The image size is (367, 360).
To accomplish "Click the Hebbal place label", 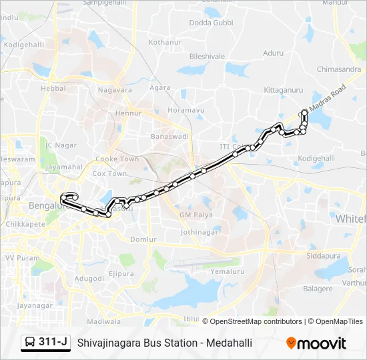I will click(x=53, y=87).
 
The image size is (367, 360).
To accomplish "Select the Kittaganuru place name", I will click(x=283, y=89).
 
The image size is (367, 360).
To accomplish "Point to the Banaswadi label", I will click(x=171, y=136).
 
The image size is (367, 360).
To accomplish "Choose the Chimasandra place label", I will click(x=339, y=69).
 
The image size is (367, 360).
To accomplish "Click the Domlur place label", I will click(x=143, y=239).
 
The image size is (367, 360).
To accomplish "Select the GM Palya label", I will click(x=195, y=215).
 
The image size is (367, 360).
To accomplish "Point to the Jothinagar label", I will click(x=199, y=232).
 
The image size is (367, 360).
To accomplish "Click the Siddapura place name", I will click(x=323, y=255).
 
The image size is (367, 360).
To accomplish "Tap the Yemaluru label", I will click(x=224, y=271).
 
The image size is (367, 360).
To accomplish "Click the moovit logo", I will click(x=316, y=343).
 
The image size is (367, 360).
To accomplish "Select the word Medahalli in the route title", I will click(x=230, y=343).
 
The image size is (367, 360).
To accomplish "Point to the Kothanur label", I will click(x=165, y=42).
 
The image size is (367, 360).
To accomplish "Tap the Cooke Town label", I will click(x=117, y=159).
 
